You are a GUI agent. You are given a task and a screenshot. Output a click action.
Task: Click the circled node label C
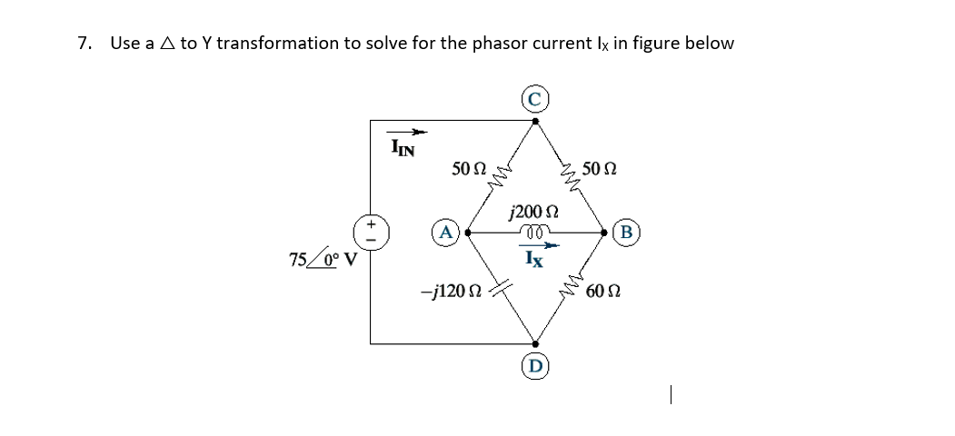(535, 98)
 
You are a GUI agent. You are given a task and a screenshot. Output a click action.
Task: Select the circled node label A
(445, 231)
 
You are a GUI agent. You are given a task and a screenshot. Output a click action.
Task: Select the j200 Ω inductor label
(534, 213)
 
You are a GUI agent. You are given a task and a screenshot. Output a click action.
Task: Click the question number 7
(85, 44)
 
